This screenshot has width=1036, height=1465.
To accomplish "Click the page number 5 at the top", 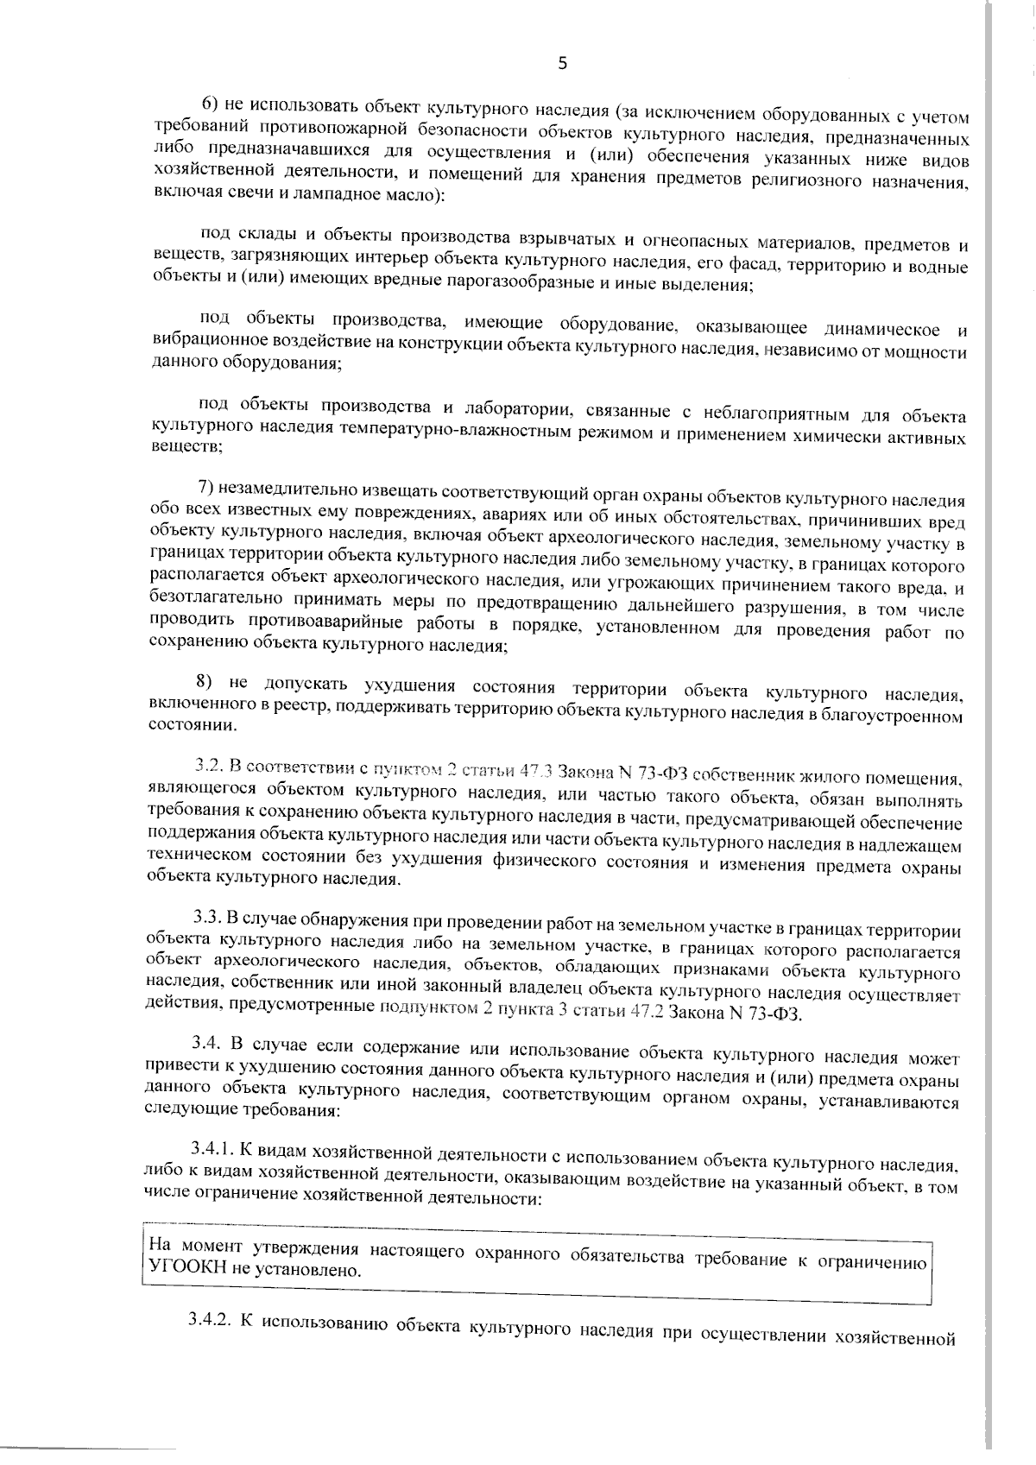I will [x=563, y=62].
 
